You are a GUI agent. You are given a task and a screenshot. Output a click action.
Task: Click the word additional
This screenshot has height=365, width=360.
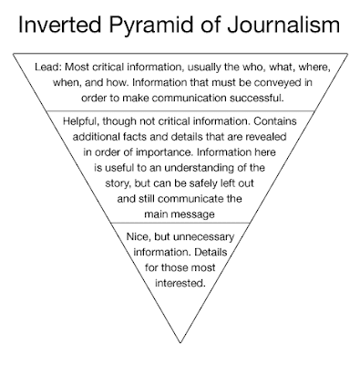point(103,137)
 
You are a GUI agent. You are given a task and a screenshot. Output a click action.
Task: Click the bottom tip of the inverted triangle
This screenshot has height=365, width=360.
point(180,355)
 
